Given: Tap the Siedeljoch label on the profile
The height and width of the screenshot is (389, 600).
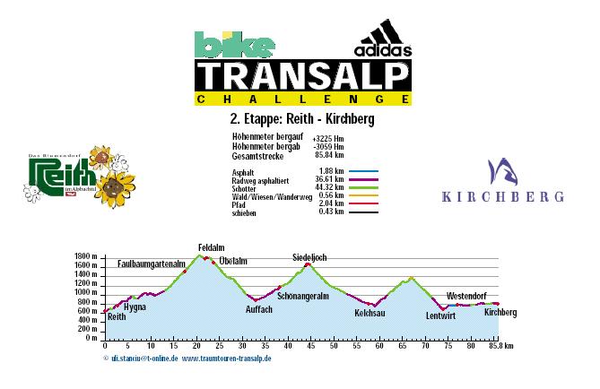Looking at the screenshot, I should click(309, 257).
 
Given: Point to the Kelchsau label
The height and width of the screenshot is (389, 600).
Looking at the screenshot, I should click(370, 314).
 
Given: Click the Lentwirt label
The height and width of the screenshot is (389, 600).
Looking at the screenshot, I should click(441, 316).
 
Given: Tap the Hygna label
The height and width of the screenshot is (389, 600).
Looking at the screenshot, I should click(135, 307).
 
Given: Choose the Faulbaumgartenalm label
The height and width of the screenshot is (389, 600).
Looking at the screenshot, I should click(152, 264).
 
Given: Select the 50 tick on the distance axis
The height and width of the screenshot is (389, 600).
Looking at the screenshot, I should click(334, 346).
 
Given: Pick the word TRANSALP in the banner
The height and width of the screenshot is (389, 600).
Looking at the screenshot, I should click(304, 75).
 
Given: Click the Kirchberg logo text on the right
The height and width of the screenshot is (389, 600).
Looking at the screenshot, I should click(495, 195).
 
